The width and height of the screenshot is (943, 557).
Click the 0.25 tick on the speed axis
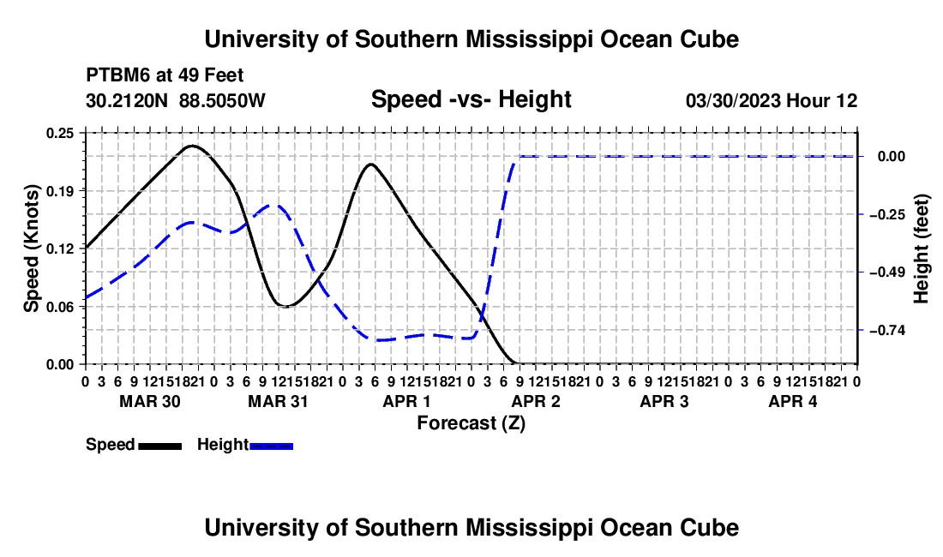[x=60, y=134]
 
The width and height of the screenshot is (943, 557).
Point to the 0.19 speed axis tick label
[x=60, y=192]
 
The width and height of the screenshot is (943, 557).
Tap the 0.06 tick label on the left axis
[x=60, y=307]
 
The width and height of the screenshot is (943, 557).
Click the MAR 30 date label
[x=150, y=401]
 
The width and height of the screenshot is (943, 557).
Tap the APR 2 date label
[x=536, y=401]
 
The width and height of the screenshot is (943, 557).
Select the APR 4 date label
[x=793, y=401]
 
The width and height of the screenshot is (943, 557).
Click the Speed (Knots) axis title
[x=31, y=249]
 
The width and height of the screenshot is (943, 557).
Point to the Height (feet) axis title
[x=922, y=249]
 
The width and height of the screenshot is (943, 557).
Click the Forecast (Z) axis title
[x=471, y=423]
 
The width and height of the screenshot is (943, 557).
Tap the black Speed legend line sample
[x=160, y=446]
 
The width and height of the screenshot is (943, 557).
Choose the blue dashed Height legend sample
[x=271, y=446]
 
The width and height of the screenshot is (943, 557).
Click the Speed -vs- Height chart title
[x=471, y=99]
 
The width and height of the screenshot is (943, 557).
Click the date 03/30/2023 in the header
[x=733, y=101]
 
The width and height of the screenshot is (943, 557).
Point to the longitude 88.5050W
[x=222, y=101]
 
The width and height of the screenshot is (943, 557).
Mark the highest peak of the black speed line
[x=192, y=146]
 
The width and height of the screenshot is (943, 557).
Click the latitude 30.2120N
[x=127, y=101]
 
